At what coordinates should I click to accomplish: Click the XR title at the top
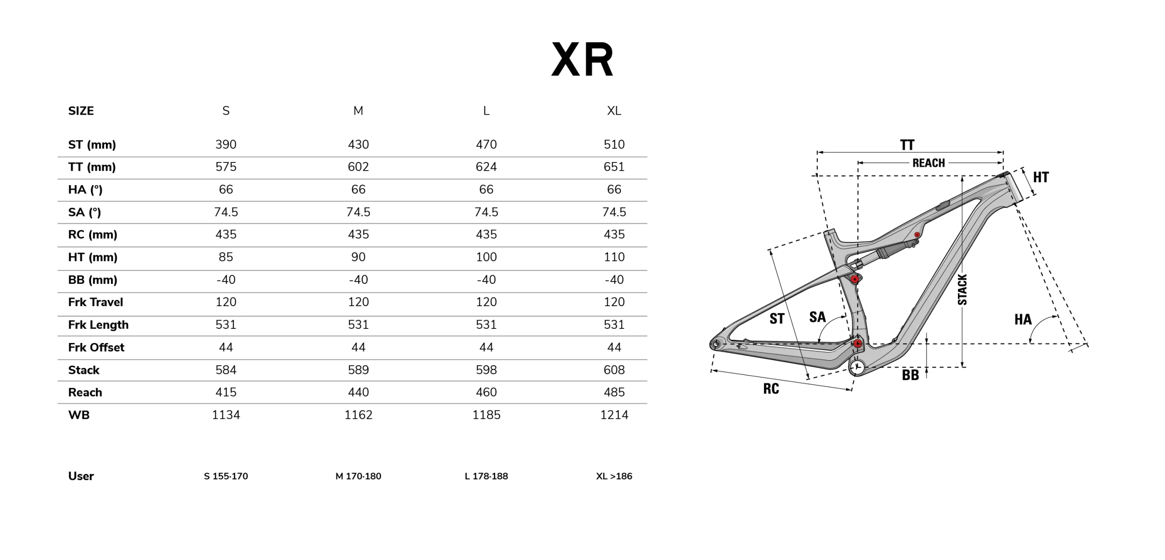(582, 60)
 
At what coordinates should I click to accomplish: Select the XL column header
(614, 111)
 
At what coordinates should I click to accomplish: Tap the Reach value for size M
(358, 392)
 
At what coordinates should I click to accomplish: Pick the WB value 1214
(614, 415)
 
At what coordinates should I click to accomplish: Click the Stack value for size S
(226, 370)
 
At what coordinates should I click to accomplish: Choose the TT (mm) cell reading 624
(486, 167)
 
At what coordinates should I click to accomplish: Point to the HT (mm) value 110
(614, 257)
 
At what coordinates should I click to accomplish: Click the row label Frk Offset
(96, 348)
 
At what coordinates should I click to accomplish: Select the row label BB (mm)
(93, 280)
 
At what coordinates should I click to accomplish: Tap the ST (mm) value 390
(226, 145)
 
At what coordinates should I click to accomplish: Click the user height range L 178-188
(486, 476)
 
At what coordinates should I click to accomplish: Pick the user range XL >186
(614, 476)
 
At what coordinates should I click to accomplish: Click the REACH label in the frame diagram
(928, 163)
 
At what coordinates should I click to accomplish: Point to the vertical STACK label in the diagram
(962, 289)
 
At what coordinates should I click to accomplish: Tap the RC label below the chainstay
(771, 388)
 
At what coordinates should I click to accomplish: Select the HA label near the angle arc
(1023, 319)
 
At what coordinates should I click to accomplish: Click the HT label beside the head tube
(1041, 177)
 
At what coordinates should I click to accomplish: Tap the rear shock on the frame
(881, 256)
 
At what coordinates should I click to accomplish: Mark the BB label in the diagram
(910, 375)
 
